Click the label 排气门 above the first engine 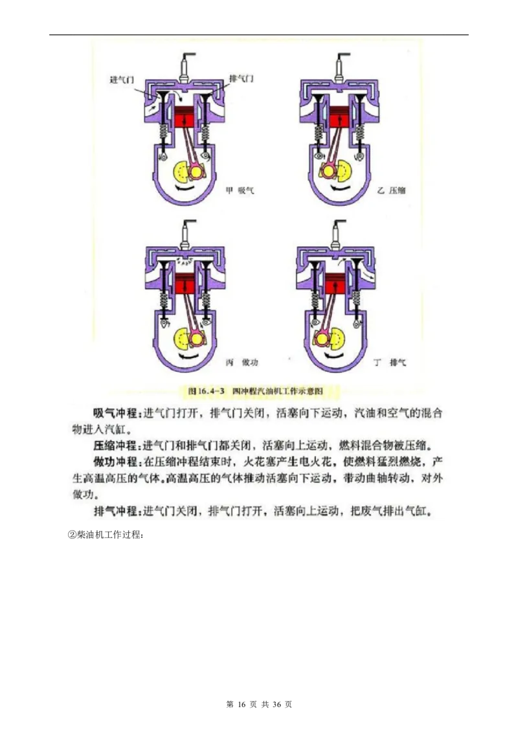(242, 79)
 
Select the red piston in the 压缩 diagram (337, 119)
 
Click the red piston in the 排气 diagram (335, 282)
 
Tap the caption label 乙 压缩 (390, 190)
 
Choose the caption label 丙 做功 (241, 362)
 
